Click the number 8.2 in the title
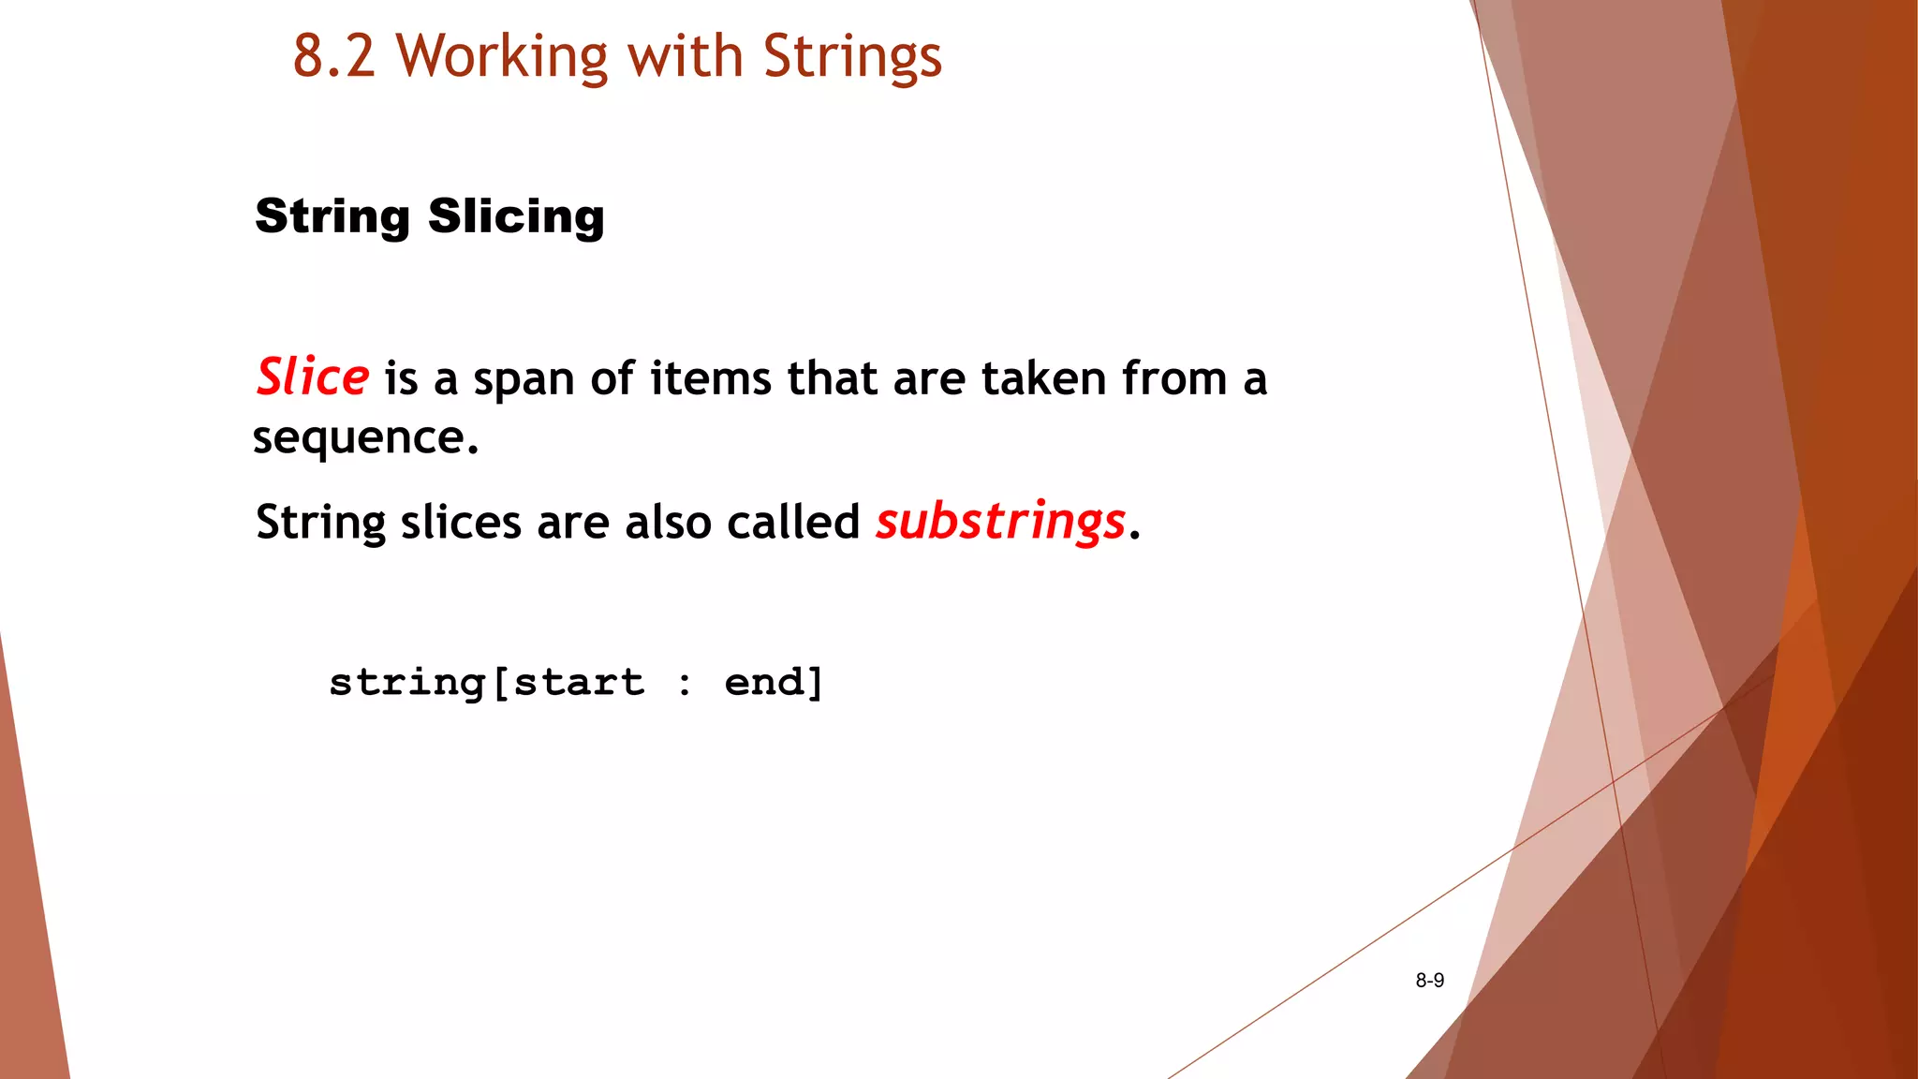(334, 56)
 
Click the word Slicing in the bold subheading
(516, 217)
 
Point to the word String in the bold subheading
(332, 217)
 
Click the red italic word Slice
(313, 377)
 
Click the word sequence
(365, 437)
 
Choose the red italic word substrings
(1000, 522)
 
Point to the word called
(793, 522)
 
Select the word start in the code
(580, 682)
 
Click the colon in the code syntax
(686, 684)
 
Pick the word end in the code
(764, 682)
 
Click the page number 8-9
(1429, 981)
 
